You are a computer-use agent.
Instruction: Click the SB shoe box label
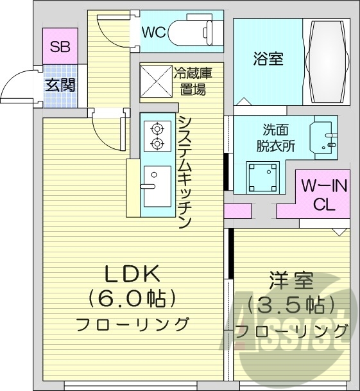(x=60, y=47)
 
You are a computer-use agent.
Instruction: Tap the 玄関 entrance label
(x=60, y=84)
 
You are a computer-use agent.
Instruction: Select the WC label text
(x=153, y=31)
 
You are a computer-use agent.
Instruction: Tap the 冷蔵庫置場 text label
(x=193, y=82)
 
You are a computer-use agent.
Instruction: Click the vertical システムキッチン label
(x=185, y=172)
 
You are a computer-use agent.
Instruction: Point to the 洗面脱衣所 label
(x=279, y=137)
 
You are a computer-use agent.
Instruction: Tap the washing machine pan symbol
(x=264, y=175)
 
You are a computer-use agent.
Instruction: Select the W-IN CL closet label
(x=323, y=196)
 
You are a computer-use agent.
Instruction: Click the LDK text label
(x=132, y=274)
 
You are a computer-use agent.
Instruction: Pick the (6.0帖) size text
(x=132, y=299)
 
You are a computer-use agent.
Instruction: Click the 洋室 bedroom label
(x=291, y=281)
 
